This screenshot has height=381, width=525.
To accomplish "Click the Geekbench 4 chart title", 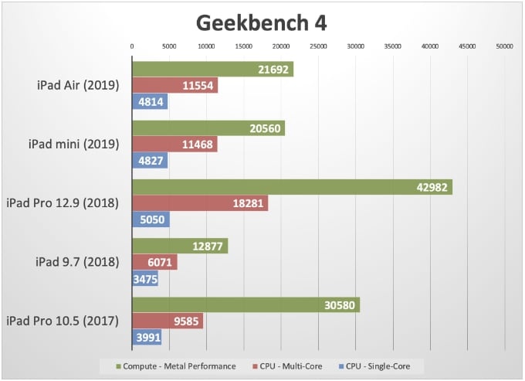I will coord(261,22).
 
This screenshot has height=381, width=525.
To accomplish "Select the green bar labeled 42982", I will coord(292,187).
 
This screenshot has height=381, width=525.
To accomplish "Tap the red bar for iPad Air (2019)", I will coord(174,86).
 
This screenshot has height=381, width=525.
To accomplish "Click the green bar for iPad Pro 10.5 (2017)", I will coord(246,304).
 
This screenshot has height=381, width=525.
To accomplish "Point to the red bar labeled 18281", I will coord(200,203).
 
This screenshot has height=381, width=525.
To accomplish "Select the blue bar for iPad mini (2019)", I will coord(150,161).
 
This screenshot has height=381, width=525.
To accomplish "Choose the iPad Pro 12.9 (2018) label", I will coord(63,203).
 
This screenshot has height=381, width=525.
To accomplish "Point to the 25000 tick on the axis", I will coord(318,47).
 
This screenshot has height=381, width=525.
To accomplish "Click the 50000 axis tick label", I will coord(504,47).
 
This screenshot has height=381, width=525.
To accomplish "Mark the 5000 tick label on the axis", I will coord(169,47).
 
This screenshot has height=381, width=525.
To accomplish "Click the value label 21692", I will coord(274,70).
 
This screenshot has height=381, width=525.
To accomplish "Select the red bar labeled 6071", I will coord(154,262).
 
